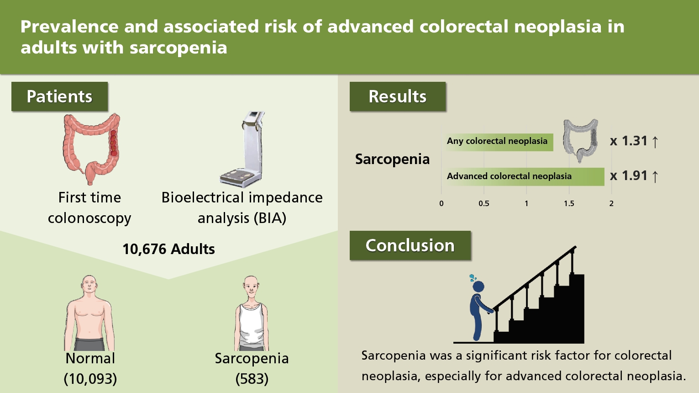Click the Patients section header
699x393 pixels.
click(60, 96)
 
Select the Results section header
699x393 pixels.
click(398, 96)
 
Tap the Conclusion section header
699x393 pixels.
click(410, 245)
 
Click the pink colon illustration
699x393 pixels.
click(91, 149)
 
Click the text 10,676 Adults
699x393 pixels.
click(168, 250)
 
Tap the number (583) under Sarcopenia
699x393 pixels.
click(252, 379)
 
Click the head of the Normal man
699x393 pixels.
click(89, 285)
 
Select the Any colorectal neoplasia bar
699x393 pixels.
click(499, 142)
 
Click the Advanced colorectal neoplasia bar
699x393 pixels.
click(525, 177)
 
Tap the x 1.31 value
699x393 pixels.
click(633, 141)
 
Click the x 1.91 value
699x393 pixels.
click(633, 176)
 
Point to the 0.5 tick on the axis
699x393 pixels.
click(484, 204)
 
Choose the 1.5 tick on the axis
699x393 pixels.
click(569, 204)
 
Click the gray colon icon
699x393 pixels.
click(581, 141)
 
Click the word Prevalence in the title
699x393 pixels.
click(69, 26)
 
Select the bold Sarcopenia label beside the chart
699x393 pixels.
click(392, 159)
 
